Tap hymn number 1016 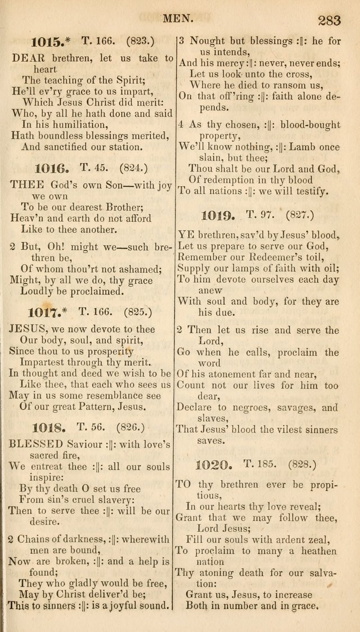click(x=51, y=167)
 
